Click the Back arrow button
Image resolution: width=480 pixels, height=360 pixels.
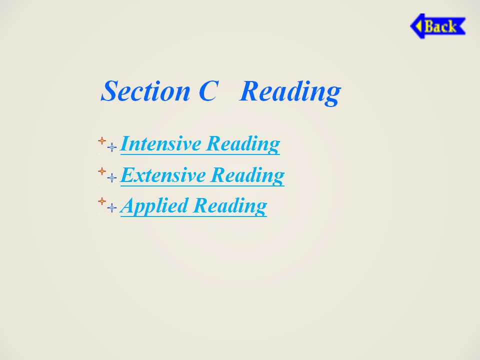point(438,26)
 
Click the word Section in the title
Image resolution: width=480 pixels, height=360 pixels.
point(145,91)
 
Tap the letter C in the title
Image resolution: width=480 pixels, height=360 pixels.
point(209,91)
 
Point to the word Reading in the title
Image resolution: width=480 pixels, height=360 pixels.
point(290,92)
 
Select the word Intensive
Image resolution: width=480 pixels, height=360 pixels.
point(160,143)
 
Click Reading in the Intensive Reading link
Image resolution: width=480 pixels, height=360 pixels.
point(243,144)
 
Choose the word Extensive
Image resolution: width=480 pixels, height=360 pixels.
point(163,175)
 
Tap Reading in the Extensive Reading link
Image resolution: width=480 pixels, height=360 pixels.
point(247,175)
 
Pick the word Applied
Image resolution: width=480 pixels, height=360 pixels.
point(154,205)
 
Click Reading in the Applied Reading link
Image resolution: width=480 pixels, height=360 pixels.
point(230,206)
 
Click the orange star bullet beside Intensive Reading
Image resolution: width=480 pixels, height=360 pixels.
point(102,141)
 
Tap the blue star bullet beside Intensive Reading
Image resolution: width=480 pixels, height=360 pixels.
point(112,147)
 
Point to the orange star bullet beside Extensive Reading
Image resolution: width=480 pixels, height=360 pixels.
point(102,171)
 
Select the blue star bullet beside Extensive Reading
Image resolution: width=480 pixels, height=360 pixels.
point(112,177)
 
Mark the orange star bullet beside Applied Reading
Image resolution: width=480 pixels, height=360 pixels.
point(102,201)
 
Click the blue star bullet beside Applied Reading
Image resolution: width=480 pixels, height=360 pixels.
point(112,207)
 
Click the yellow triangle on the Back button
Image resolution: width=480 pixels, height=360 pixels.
point(418,26)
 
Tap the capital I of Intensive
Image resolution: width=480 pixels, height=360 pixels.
point(126,143)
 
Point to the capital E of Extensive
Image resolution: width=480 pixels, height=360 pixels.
point(128,175)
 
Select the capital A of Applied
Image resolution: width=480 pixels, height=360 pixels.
point(128,205)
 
